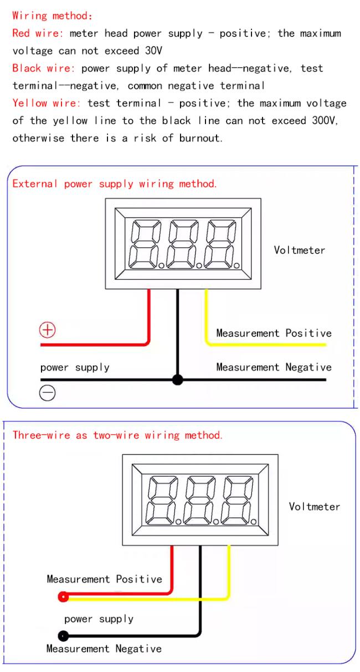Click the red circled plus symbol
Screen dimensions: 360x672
[48, 330]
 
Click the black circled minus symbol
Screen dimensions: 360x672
[48, 392]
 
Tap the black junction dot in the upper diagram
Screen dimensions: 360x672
[178, 380]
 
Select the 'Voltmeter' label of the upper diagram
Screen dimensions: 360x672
[299, 250]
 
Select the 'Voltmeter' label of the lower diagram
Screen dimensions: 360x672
[315, 506]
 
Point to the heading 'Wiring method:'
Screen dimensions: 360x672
[52, 16]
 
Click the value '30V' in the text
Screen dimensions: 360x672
[154, 50]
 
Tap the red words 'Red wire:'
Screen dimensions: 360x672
[38, 33]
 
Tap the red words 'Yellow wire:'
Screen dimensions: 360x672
[47, 103]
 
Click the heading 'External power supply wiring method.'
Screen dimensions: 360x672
[115, 184]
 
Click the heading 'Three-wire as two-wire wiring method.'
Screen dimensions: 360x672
[118, 435]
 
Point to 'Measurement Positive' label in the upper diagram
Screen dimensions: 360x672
[274, 333]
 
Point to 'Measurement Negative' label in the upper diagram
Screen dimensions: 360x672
[274, 367]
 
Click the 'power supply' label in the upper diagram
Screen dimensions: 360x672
[75, 368]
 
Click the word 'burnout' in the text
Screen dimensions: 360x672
[200, 138]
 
